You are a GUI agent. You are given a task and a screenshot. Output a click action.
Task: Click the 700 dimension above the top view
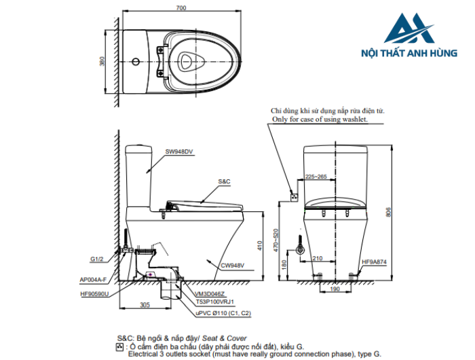[180, 7]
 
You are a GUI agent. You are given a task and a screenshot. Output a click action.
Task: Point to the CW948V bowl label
[231, 266]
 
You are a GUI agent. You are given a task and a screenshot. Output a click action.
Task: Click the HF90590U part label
[94, 294]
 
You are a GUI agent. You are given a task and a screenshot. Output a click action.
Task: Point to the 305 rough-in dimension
[145, 305]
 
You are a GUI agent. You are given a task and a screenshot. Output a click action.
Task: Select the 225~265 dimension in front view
[316, 176]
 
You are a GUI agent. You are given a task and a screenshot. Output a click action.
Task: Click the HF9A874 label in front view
[375, 262]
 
